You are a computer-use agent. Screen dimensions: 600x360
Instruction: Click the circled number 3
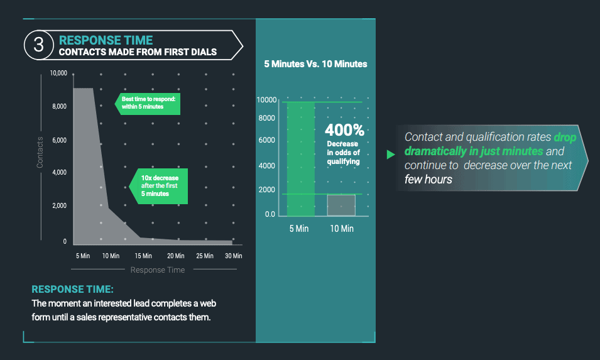39,45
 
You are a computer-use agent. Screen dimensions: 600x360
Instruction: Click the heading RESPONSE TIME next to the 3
106,40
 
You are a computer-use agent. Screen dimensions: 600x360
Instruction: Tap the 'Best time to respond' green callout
147,104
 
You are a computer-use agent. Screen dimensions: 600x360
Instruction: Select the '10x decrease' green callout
158,186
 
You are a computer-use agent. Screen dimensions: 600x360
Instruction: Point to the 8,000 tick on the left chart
59,106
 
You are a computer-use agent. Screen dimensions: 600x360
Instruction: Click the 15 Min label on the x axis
143,256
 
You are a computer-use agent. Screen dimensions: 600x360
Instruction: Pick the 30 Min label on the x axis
234,256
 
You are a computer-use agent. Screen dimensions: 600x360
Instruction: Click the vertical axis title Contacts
40,152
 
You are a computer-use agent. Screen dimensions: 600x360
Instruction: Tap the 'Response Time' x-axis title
158,270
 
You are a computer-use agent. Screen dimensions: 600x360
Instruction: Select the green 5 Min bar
301,159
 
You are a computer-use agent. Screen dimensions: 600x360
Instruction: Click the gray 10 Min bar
341,205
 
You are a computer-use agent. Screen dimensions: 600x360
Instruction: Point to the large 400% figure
344,130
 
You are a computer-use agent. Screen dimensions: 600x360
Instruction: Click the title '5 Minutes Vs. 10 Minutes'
315,64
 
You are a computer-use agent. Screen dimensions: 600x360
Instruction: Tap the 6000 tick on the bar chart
267,140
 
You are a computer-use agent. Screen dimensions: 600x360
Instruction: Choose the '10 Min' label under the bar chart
342,229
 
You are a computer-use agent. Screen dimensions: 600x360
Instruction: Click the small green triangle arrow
391,155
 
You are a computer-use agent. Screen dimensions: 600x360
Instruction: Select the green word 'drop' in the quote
565,138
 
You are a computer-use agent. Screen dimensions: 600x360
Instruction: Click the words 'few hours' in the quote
428,179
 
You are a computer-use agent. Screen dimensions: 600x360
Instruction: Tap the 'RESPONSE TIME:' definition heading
72,289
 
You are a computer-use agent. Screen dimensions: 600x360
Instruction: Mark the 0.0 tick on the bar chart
270,214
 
